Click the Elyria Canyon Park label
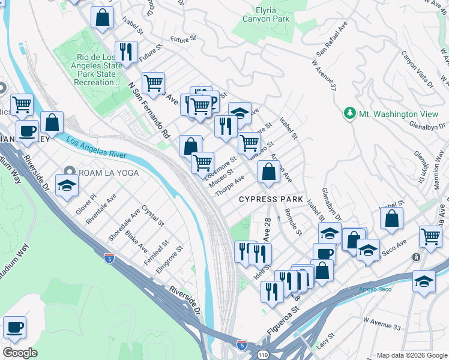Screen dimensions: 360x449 [x=266, y=15]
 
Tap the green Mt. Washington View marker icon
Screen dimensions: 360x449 [x=349, y=113]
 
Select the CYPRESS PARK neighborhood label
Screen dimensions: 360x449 [x=267, y=199]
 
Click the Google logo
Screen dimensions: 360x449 [x=20, y=353]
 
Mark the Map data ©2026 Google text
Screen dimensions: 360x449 [x=411, y=355]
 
